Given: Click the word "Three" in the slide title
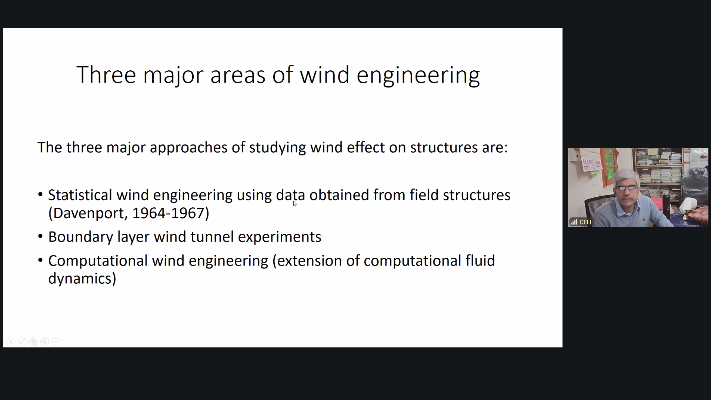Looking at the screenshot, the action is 106,75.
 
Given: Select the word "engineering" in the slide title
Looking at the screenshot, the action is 418,76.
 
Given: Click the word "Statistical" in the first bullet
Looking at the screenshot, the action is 80,195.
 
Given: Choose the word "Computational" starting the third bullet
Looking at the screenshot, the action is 98,261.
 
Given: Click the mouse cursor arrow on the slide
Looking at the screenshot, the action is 295,203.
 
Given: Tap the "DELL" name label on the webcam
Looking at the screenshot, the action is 586,222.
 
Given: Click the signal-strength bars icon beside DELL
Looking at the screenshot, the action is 574,222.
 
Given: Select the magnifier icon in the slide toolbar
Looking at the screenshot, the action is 45,342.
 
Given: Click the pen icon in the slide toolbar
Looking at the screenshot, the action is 22,342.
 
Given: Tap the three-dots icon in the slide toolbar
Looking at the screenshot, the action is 56,342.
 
